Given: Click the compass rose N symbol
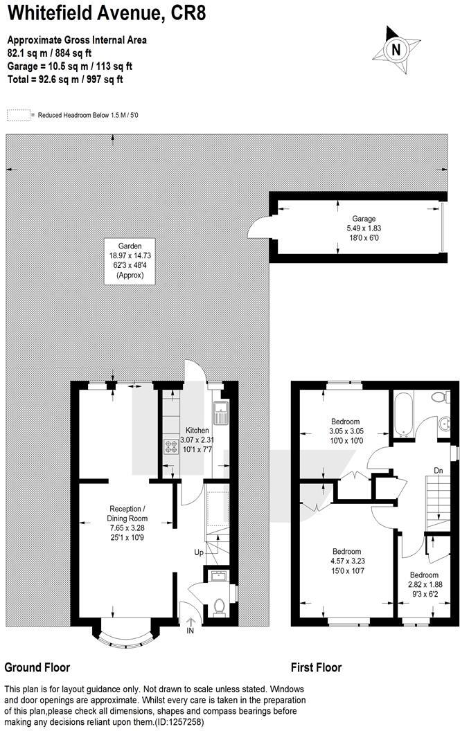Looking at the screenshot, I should [x=396, y=50].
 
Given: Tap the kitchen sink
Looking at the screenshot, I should [x=221, y=413].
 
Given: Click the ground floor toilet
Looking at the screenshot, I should [x=219, y=606].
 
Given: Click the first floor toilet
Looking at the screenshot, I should [x=438, y=397].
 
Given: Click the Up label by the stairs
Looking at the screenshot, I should [x=199, y=552].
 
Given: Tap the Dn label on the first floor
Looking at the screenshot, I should [x=438, y=471].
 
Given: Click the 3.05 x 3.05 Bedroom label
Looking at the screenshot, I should [x=344, y=431].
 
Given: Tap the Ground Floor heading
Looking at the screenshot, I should [x=37, y=668].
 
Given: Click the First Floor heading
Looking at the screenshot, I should [x=316, y=668].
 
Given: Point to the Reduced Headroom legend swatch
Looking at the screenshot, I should [x=19, y=115].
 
